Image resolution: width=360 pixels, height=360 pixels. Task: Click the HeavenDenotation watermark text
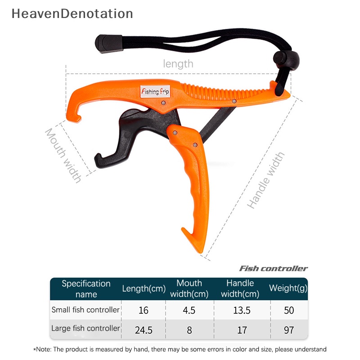coord(72,13)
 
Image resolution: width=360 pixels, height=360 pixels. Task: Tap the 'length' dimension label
coord(178,64)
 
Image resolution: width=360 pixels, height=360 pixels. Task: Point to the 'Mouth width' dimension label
coord(63,155)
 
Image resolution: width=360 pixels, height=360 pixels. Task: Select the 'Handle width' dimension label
coord(266,180)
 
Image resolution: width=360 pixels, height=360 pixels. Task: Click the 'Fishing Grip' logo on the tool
coord(155,91)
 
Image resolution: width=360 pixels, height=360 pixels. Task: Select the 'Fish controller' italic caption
coord(273,269)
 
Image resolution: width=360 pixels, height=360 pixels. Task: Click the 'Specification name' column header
coord(86,289)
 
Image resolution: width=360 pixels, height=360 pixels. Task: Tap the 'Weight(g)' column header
coord(288,288)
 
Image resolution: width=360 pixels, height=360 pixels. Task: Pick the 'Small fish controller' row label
coord(85,310)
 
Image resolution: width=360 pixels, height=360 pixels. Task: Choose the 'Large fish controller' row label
coord(85,328)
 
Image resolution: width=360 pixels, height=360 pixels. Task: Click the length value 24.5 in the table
coord(144,330)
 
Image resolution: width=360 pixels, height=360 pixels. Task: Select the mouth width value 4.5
coord(189,310)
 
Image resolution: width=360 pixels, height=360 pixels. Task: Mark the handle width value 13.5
coord(242,310)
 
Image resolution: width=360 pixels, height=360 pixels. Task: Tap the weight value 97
coord(288,330)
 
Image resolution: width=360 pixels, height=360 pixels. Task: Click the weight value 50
coord(288,310)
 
